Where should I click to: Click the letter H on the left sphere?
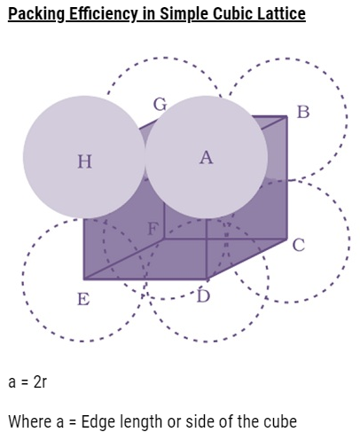pos(84,161)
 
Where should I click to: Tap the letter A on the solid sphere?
pos(207,157)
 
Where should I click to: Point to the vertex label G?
pos(160,105)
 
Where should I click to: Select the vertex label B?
pos(303,112)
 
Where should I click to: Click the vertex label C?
pos(299,245)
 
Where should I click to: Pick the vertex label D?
pos(204,296)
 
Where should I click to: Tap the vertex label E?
pos(83,299)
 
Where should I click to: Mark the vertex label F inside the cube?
pos(153,229)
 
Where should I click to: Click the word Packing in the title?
pos(36,14)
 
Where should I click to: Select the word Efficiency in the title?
pos(103,14)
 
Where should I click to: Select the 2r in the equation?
pos(40,381)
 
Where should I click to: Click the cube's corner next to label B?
pos(286,117)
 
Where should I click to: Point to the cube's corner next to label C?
pos(286,239)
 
